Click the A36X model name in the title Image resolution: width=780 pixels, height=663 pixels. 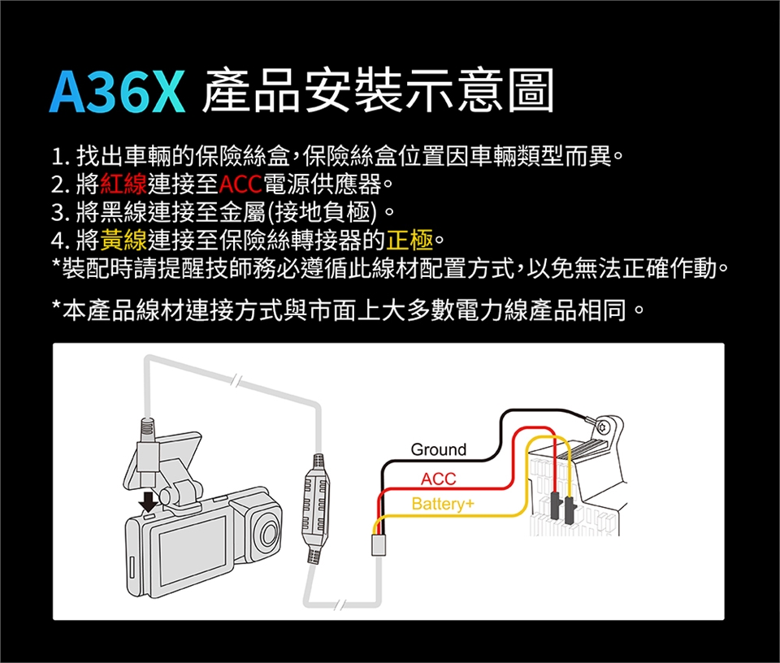click(117, 92)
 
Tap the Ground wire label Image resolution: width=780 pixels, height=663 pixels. click(438, 449)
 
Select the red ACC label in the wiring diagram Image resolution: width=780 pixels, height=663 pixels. click(438, 479)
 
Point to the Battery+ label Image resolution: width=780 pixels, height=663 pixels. click(443, 504)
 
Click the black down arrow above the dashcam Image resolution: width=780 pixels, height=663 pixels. click(149, 500)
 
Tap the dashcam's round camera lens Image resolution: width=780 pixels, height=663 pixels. click(268, 533)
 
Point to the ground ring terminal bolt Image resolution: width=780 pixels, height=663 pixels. click(603, 427)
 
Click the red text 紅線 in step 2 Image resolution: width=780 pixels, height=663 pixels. click(123, 184)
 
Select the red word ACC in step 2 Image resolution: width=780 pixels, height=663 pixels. click(240, 184)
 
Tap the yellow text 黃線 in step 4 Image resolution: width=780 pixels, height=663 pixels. click(123, 240)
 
